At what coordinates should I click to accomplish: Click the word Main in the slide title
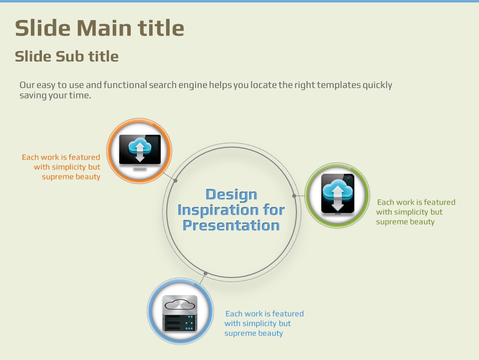click(104, 28)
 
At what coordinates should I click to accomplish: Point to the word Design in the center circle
click(231, 195)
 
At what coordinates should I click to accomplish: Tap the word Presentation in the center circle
click(231, 225)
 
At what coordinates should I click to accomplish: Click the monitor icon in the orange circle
click(140, 152)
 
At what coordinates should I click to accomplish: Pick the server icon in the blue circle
click(180, 313)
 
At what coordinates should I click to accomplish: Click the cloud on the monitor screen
click(140, 146)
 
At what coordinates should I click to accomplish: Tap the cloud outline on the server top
click(180, 304)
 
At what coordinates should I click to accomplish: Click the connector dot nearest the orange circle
click(175, 180)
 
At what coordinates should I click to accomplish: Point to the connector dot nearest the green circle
click(294, 196)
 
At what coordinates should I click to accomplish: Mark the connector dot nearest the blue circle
click(206, 273)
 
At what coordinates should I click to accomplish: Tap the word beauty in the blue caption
click(270, 333)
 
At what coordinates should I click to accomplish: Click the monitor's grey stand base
click(140, 168)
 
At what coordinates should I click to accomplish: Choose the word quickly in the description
click(377, 85)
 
